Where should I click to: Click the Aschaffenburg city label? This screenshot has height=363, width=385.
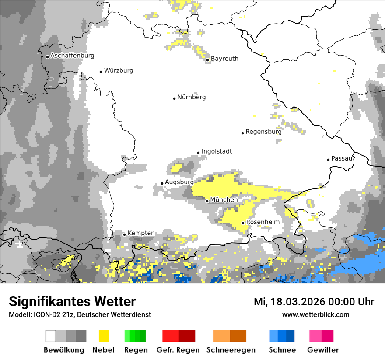(72, 56)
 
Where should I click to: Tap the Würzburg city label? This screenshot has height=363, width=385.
(119, 70)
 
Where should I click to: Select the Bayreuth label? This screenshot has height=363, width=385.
(224, 59)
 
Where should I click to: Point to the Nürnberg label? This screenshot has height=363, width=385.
(191, 97)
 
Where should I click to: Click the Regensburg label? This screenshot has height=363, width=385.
(263, 132)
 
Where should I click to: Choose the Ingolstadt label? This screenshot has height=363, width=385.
(217, 151)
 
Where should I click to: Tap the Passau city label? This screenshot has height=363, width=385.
(342, 158)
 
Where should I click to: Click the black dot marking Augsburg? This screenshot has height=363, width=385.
(162, 184)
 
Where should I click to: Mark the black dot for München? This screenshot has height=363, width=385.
(207, 201)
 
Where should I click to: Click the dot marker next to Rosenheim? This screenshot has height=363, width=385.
(243, 223)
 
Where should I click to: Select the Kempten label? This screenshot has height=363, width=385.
(141, 233)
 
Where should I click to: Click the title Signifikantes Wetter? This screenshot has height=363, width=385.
(72, 301)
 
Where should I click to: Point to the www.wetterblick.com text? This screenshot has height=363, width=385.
(315, 314)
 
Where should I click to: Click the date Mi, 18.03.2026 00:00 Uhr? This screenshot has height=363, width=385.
(314, 302)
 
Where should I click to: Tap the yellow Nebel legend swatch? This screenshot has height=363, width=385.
(104, 336)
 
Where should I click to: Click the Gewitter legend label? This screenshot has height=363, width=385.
(323, 350)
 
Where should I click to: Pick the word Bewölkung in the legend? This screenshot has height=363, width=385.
(64, 350)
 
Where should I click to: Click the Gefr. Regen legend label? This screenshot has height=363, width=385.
(178, 350)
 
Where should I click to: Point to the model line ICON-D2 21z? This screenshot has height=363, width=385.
(80, 314)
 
